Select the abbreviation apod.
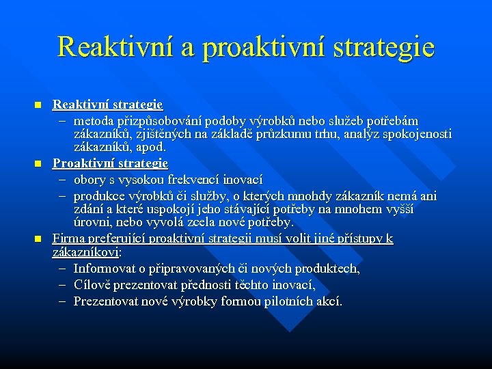151,147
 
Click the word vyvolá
161,223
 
